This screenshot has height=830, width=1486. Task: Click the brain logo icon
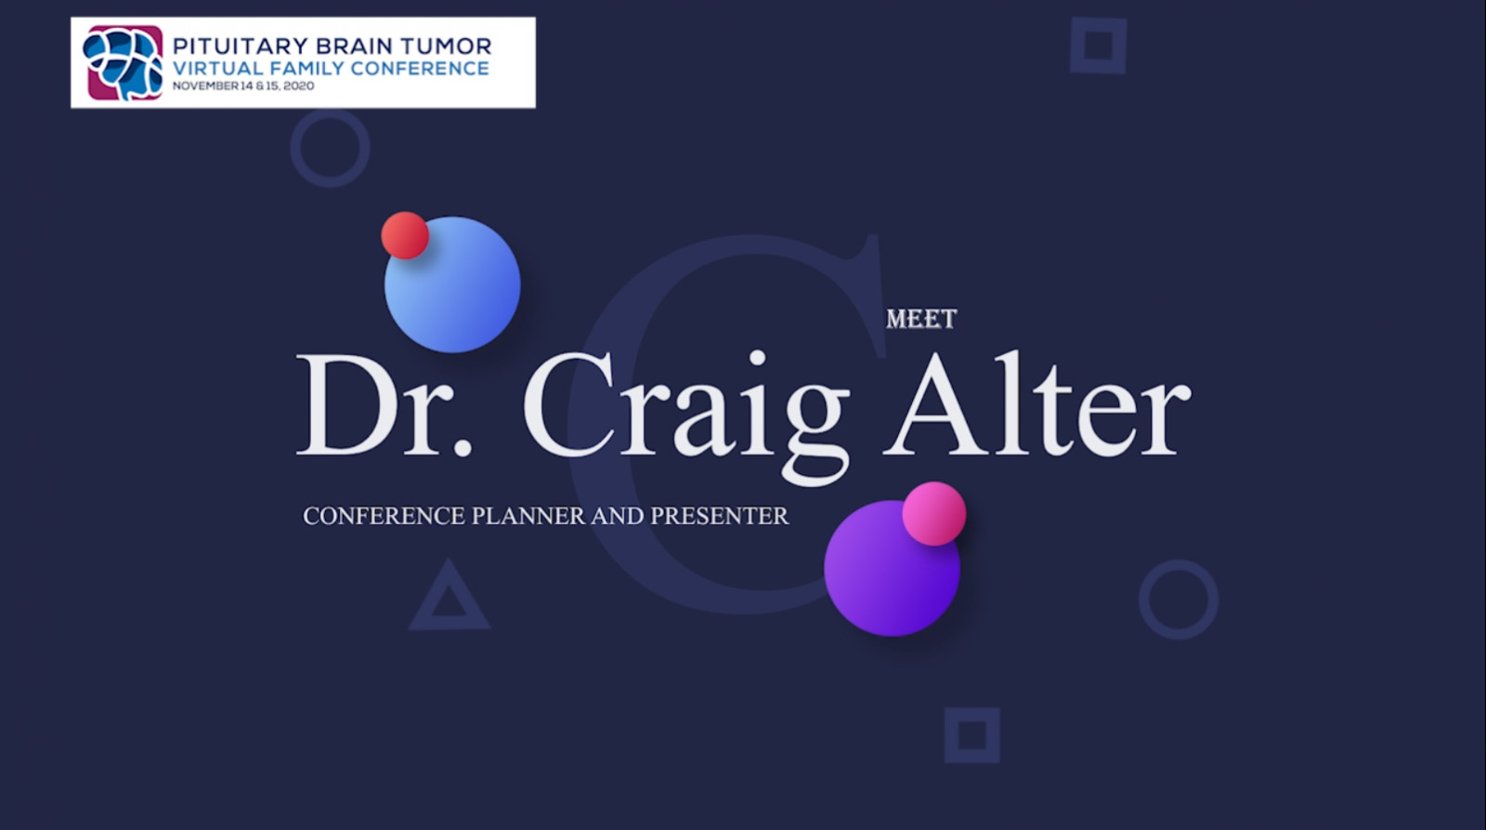coord(123,62)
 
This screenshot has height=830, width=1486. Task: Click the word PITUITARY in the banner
coord(241,46)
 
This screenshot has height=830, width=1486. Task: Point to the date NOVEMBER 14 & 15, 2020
coord(242,86)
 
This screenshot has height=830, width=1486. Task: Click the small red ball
coord(405,235)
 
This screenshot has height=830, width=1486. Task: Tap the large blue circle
coord(452,284)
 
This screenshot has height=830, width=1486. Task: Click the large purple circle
coord(892,568)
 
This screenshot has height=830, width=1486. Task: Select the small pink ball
coord(934,513)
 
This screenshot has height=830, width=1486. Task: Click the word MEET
coord(921,320)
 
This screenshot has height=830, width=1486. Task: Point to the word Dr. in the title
coord(385,405)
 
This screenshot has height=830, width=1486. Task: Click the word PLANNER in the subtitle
coord(528,516)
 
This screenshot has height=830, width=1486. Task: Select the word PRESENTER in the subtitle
coord(720,516)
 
